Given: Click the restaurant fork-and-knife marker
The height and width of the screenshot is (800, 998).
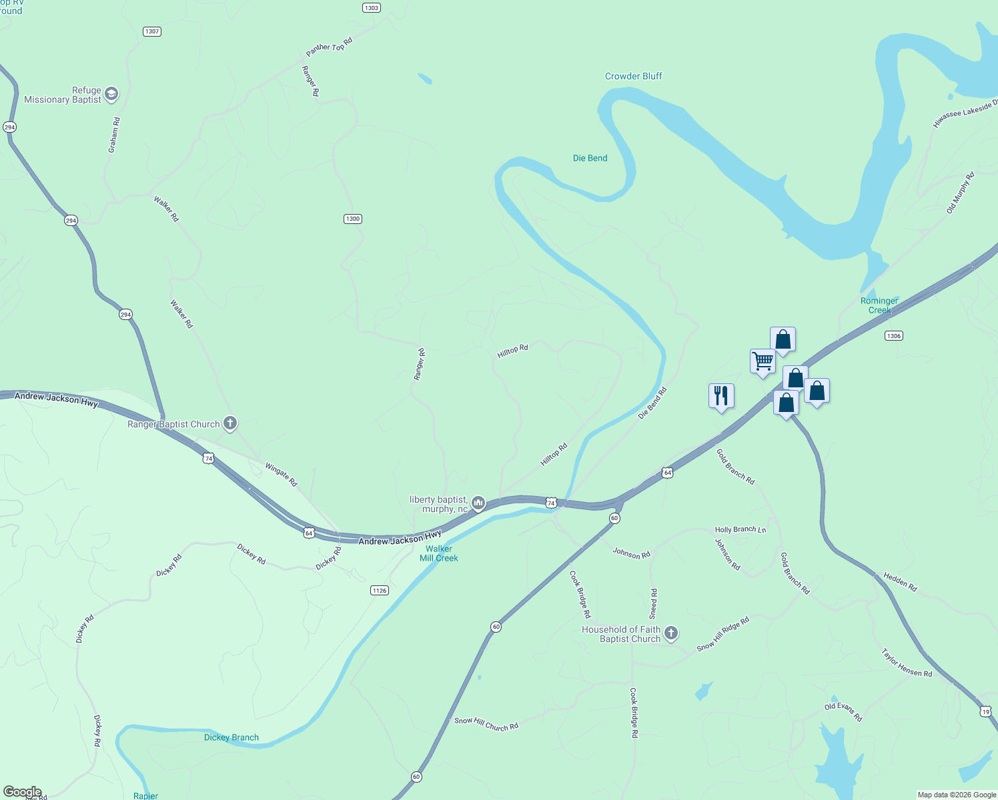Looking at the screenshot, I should pos(721,395).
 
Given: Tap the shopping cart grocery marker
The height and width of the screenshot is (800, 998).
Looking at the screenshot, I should pos(763,361).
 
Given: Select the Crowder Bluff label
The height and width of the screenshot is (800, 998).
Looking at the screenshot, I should pos(633,76).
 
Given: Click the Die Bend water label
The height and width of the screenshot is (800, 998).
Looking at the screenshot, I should pos(590,158).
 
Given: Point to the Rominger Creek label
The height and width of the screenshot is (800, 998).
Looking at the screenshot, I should pos(879,305).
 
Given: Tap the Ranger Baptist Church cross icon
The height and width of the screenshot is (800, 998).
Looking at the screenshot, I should pos(230,423).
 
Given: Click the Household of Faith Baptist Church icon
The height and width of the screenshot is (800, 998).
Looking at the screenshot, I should pos(671,633).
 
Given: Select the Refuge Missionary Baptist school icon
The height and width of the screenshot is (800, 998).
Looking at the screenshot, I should pos(111,94).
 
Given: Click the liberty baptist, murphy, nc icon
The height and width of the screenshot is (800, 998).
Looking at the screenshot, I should pos(478,503).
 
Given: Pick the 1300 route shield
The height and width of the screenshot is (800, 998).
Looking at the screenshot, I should pos(353,219).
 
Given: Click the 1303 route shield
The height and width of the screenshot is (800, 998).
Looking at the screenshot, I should pos(372,8).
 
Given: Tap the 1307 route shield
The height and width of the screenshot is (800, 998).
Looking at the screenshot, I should pos(152,31).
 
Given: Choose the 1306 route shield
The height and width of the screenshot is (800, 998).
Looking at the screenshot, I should pos(894,335).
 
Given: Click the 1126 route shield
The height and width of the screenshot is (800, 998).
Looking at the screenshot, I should pos(379,590).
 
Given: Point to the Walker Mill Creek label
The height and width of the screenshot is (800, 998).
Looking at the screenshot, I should pos(438,553).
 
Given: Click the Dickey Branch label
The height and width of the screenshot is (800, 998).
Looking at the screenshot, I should pos(231,737).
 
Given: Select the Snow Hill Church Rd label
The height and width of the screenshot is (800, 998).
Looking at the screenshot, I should pos(486,724).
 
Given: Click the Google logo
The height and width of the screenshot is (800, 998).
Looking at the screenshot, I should pos(22,792).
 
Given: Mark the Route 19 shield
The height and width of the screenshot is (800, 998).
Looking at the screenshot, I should pos(986,711).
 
